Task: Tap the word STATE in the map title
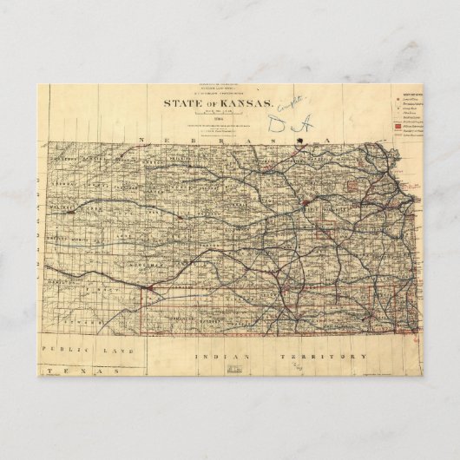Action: pyautogui.click(x=177, y=103)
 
